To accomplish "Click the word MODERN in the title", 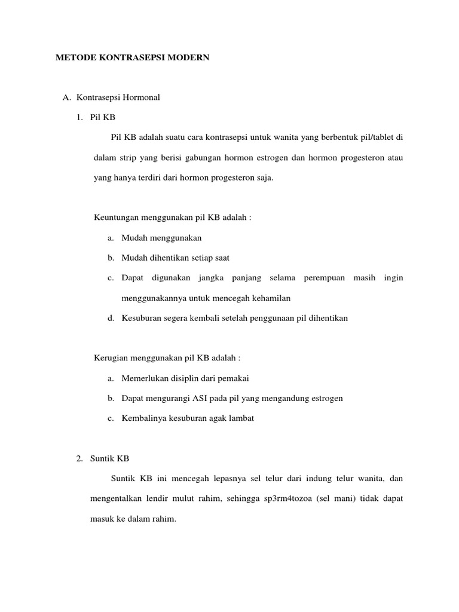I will (189, 58).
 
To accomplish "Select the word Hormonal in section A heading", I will (141, 97).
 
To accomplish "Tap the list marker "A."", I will (67, 97).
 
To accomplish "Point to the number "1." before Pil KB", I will (79, 117).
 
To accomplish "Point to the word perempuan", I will (324, 278).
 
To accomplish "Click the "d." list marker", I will (111, 318).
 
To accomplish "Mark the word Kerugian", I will (113, 358).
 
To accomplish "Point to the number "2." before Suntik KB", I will (79, 458).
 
